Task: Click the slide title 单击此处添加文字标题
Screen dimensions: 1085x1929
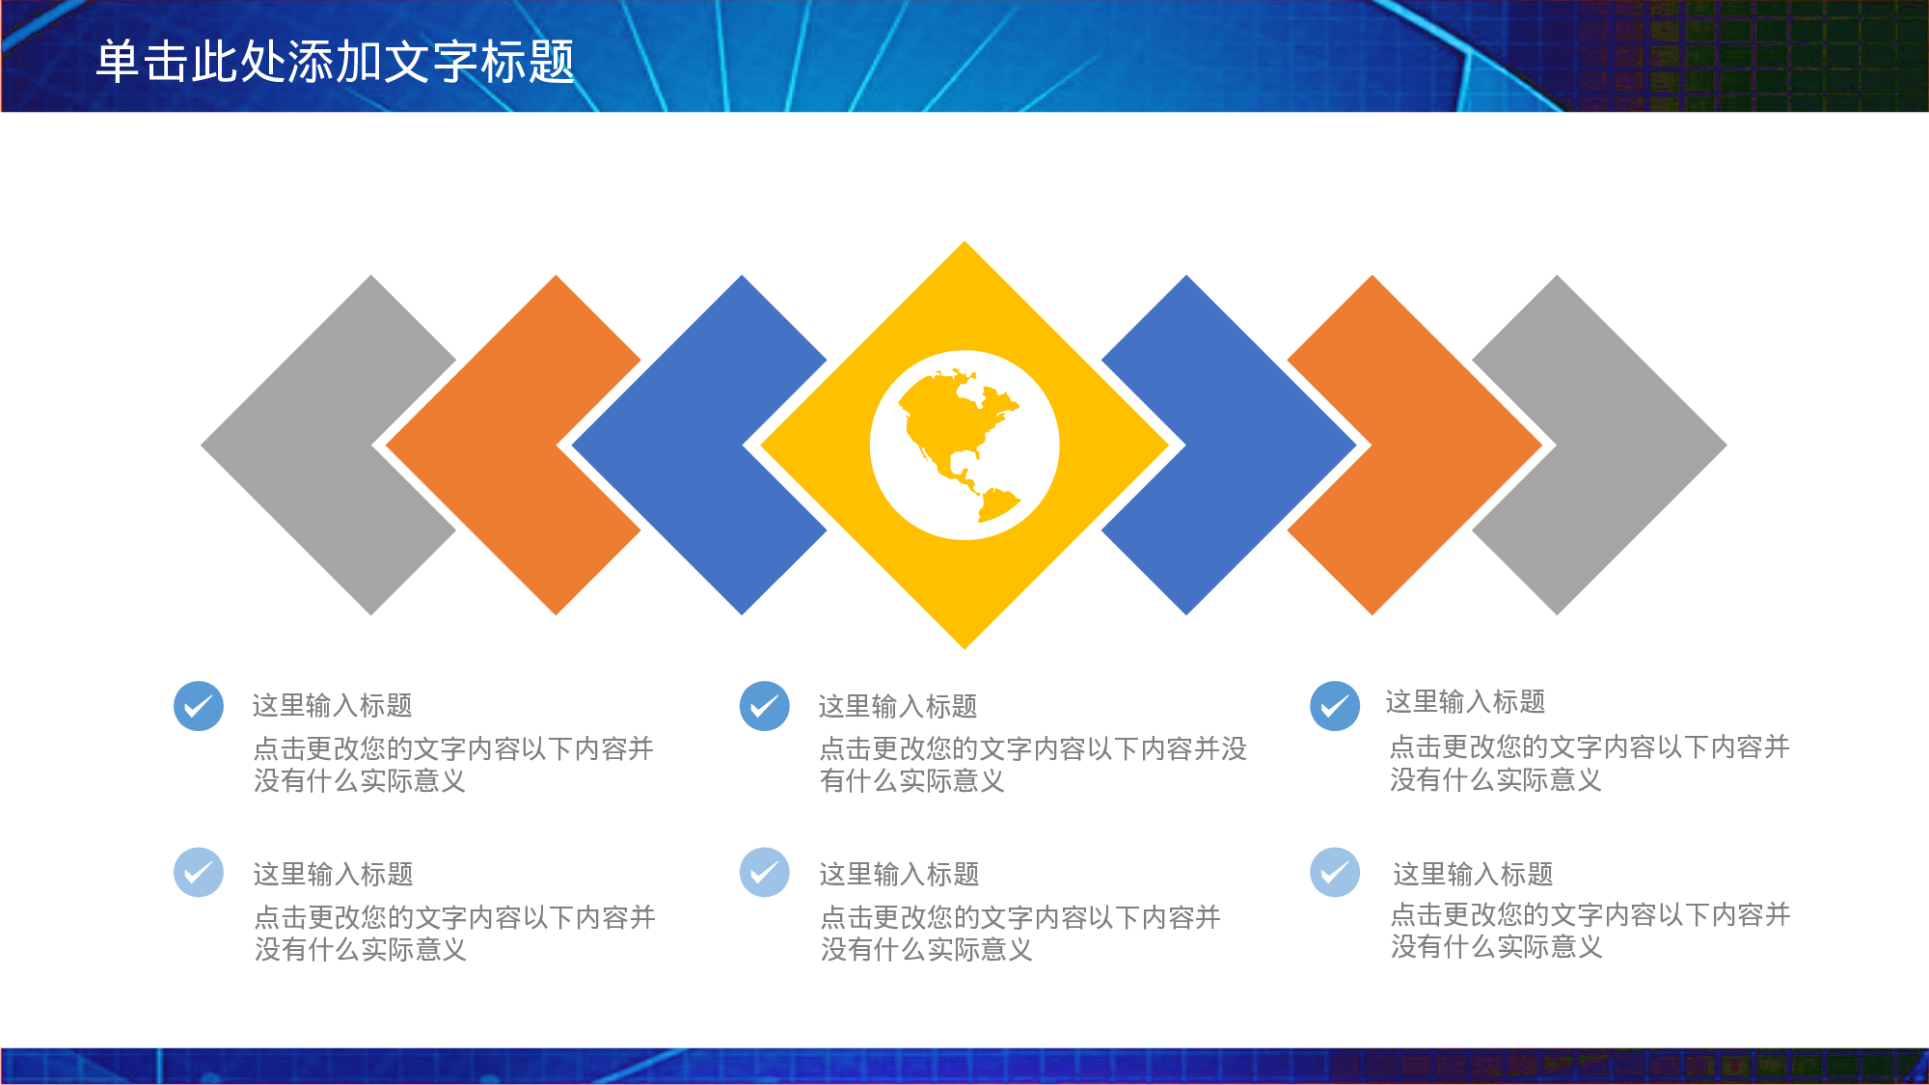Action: coord(335,62)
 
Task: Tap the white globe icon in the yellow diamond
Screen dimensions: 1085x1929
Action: coord(964,445)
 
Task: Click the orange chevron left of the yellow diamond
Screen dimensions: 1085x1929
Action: coord(482,445)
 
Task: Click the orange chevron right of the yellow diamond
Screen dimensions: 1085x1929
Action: coord(1447,445)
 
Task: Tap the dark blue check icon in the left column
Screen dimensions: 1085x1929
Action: coord(199,706)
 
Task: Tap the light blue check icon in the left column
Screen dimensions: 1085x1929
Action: coord(199,873)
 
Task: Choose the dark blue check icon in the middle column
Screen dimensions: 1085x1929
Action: coord(765,706)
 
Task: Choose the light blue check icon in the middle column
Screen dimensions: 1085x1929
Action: coord(765,873)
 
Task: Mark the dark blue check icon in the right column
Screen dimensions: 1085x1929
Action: coord(1335,706)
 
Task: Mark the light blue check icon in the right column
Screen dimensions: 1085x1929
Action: coord(1335,873)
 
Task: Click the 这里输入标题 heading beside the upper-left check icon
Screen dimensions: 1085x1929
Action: coord(333,706)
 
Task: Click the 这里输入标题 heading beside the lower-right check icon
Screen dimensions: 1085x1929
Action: coord(1473,874)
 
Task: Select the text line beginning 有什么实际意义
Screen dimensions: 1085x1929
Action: coord(912,781)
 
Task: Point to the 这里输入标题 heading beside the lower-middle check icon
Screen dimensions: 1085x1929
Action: coord(899,874)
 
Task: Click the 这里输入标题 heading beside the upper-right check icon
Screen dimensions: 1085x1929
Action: coord(1465,702)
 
